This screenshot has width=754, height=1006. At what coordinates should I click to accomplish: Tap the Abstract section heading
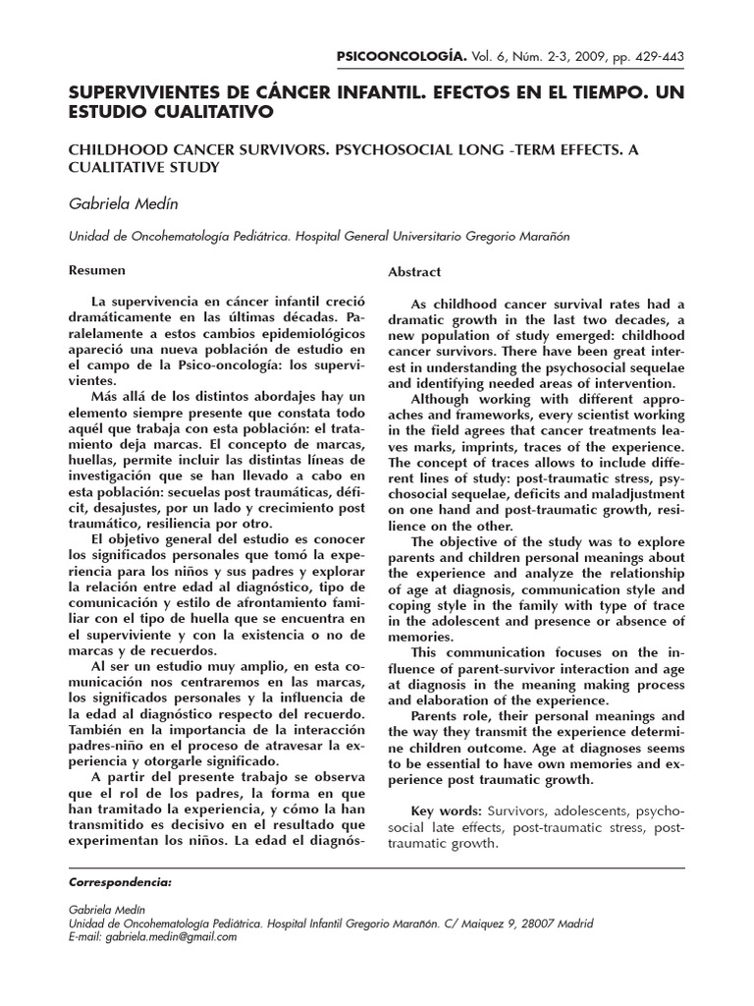pyautogui.click(x=414, y=271)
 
